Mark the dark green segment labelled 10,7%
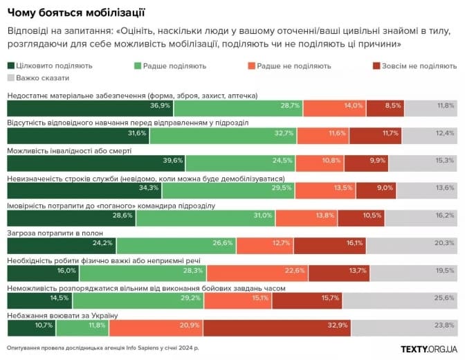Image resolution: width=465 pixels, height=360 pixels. click(31, 325)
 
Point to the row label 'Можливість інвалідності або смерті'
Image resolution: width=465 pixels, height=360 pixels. click(69, 150)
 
